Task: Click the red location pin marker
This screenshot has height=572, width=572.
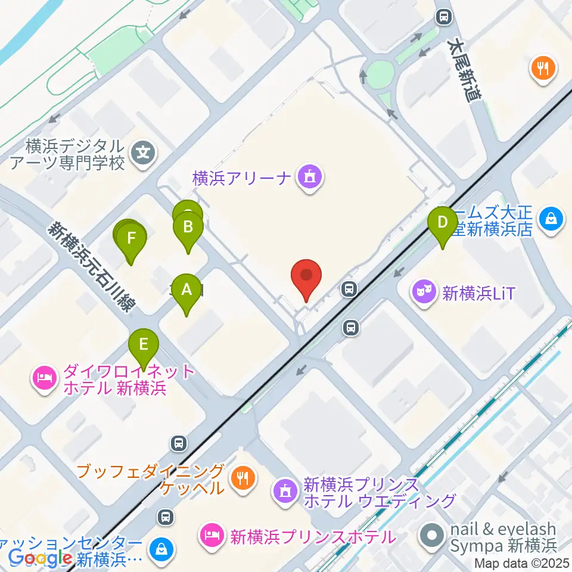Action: (306, 278)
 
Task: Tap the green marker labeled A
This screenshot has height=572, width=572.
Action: (186, 291)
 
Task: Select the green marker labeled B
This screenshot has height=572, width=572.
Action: (188, 228)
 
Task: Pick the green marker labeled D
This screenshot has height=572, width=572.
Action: (443, 223)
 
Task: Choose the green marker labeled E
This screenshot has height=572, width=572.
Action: (144, 346)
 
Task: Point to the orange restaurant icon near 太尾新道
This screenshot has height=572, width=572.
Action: (543, 68)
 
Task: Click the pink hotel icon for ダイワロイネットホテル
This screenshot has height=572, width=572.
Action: (46, 378)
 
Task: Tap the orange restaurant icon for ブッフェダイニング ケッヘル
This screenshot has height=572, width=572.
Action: (243, 478)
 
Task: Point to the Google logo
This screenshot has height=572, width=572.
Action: (37, 557)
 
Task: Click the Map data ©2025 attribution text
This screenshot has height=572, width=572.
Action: (522, 562)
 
